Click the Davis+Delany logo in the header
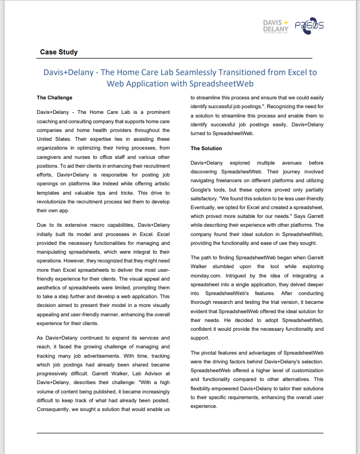pyautogui.click(x=276, y=26)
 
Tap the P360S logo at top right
pyautogui.click(x=309, y=26)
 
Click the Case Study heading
pyautogui.click(x=59, y=52)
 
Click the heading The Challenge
pyautogui.click(x=54, y=97)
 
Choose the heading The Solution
pyautogui.click(x=206, y=149)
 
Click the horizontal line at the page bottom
pyautogui.click(x=180, y=433)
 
